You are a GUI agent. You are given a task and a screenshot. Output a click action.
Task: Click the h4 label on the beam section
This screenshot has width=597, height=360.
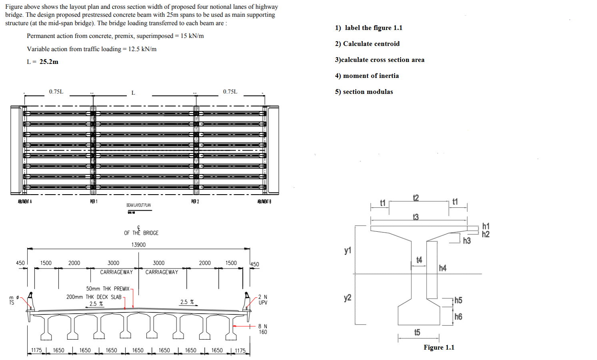(x=442, y=268)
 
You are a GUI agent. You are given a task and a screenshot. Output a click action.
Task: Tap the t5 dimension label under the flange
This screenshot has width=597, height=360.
(x=417, y=332)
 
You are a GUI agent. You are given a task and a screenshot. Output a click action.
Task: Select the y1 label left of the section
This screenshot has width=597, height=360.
(x=347, y=250)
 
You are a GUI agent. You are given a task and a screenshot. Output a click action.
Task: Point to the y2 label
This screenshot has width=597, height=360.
(x=347, y=298)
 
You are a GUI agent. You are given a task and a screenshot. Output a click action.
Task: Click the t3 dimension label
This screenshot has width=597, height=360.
(x=415, y=217)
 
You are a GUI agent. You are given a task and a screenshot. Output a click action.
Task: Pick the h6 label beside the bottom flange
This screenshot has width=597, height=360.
(x=458, y=316)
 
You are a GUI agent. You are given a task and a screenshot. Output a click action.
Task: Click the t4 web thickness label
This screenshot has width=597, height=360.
(x=419, y=260)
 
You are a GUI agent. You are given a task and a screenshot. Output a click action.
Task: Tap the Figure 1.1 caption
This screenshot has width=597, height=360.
(x=439, y=348)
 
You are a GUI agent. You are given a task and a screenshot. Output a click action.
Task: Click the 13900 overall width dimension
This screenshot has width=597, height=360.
(x=138, y=245)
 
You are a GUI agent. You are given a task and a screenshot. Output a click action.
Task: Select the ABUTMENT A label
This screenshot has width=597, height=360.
(x=25, y=201)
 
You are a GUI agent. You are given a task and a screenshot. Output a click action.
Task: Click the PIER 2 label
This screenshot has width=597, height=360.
(x=195, y=201)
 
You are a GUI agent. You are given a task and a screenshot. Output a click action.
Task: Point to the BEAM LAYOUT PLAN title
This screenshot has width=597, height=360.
(x=138, y=205)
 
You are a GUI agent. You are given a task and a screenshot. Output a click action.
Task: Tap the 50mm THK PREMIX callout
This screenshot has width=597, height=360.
(x=108, y=288)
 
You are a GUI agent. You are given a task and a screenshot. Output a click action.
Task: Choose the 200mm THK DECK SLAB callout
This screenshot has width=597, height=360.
(x=94, y=297)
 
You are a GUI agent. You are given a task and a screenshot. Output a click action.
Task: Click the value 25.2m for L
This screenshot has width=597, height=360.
(x=49, y=62)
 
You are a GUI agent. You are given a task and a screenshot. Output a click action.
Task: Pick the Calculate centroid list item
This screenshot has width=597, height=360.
(x=371, y=44)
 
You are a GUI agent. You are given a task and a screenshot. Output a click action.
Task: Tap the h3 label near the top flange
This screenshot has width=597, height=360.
(x=467, y=241)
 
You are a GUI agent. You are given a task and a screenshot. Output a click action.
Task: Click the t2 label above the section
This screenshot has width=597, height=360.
(x=416, y=198)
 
